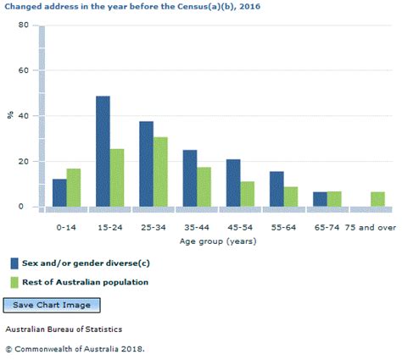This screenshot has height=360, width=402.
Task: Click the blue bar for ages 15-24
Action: pyautogui.click(x=103, y=151)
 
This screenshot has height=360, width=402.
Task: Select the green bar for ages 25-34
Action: pyautogui.click(x=161, y=172)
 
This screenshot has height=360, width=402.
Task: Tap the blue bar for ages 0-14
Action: pyautogui.click(x=59, y=192)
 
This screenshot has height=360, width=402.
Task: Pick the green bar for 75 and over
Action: pyautogui.click(x=377, y=199)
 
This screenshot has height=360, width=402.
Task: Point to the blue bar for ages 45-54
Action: pyautogui.click(x=233, y=183)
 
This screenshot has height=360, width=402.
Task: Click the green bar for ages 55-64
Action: pyautogui.click(x=291, y=197)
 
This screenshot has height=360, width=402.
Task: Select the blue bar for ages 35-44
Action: pyautogui.click(x=190, y=178)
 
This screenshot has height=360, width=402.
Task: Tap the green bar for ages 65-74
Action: pyautogui.click(x=334, y=199)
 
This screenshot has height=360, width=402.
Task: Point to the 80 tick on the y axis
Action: pyautogui.click(x=24, y=25)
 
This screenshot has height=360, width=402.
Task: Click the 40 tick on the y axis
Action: pyautogui.click(x=24, y=116)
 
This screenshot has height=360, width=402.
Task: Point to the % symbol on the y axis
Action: pyautogui.click(x=11, y=116)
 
